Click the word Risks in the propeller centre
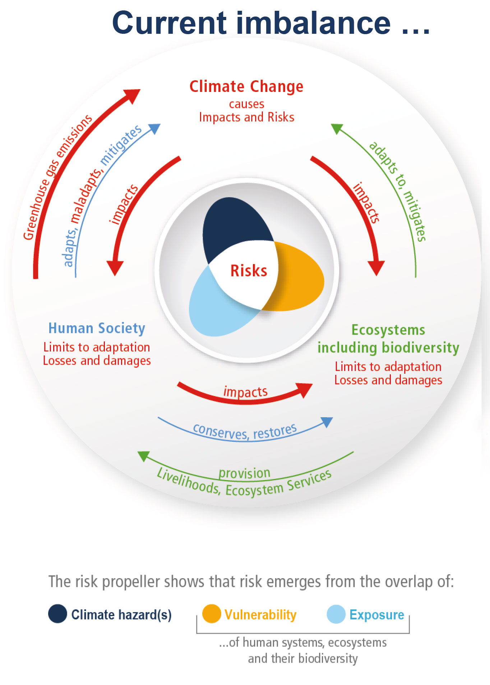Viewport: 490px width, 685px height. (249, 271)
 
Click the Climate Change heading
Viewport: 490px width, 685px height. (246, 87)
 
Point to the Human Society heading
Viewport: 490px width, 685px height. (97, 328)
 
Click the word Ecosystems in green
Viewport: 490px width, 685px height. (388, 330)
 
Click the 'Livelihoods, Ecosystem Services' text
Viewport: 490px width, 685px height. (244, 485)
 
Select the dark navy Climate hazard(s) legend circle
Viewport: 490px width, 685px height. (57, 613)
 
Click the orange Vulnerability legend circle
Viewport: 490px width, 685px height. (211, 613)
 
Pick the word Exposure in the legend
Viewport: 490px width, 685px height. (377, 615)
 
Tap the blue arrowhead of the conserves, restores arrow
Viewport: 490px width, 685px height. (327, 421)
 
